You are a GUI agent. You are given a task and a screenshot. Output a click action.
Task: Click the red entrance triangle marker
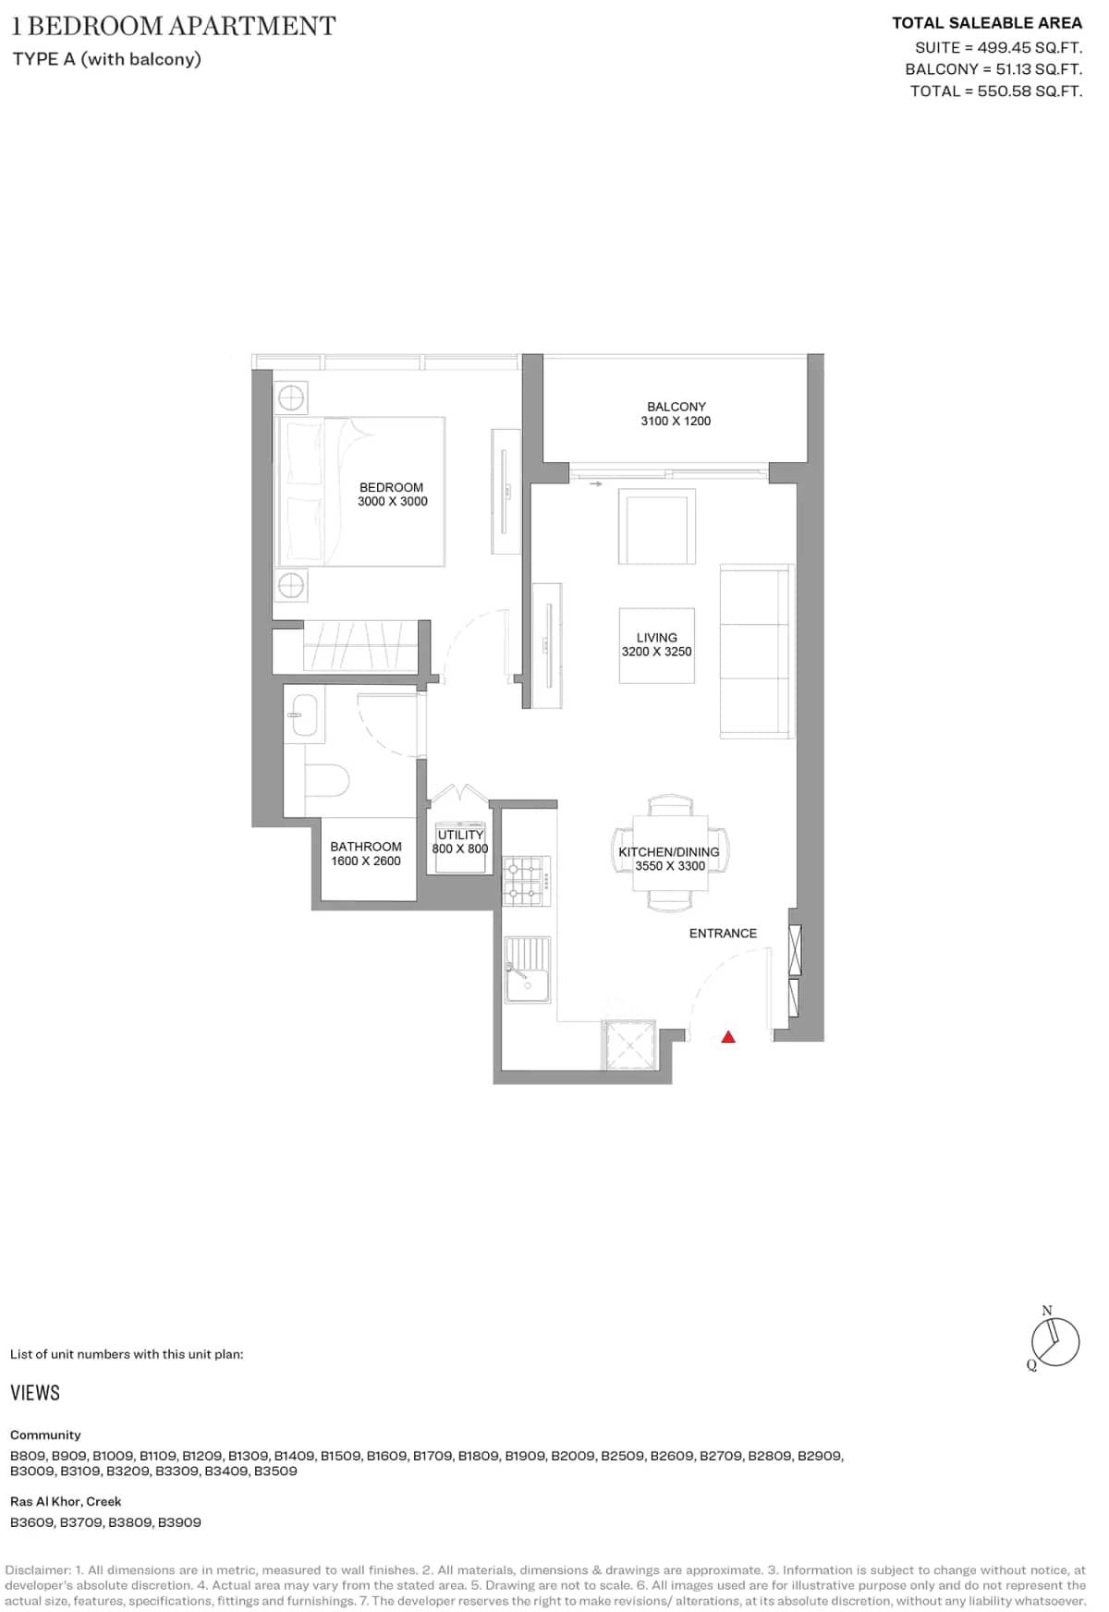(728, 1037)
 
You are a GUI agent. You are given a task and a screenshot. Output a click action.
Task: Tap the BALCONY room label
(676, 407)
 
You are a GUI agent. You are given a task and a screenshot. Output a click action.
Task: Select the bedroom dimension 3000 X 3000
(393, 502)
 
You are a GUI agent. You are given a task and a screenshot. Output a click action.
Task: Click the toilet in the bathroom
(326, 779)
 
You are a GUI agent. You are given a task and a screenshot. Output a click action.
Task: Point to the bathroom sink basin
(304, 714)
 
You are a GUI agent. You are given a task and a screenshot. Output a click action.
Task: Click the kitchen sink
(527, 971)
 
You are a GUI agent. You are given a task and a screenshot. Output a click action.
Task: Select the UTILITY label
(460, 835)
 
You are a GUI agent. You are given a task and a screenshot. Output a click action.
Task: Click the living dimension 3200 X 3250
(656, 652)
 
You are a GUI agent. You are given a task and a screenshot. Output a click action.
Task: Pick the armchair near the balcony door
(657, 527)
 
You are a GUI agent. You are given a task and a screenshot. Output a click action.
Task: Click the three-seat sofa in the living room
(756, 653)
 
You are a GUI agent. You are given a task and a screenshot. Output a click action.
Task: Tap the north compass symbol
(1054, 1341)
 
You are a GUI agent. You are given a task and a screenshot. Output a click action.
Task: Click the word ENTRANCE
(723, 934)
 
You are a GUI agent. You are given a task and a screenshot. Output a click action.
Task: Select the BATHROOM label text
(366, 847)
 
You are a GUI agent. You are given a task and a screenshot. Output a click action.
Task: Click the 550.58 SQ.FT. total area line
(995, 92)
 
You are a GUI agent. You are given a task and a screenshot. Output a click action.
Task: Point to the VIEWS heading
(35, 1393)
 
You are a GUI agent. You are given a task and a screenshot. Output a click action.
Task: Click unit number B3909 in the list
(179, 1522)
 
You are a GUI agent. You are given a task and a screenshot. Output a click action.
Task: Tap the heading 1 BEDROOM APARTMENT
(174, 26)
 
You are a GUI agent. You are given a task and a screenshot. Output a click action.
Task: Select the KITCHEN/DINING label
(669, 852)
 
